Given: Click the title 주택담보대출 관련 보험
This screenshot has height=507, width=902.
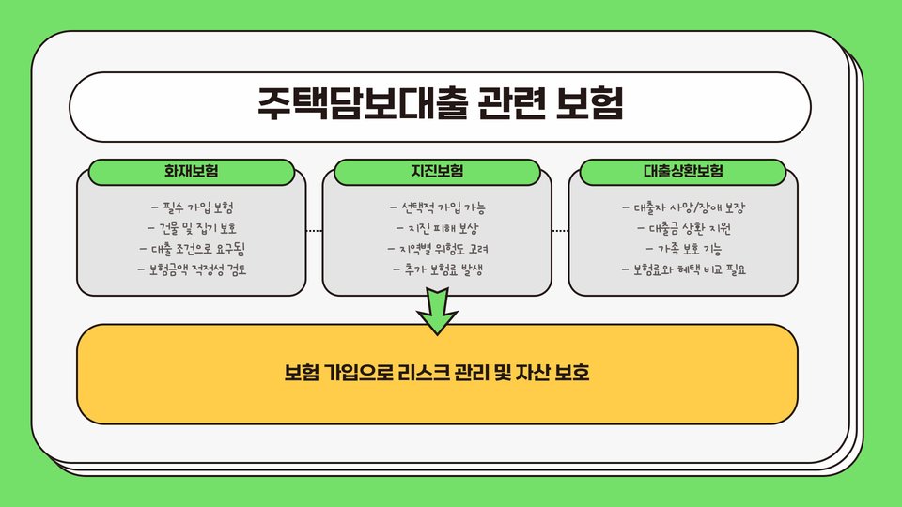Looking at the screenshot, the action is [x=440, y=104].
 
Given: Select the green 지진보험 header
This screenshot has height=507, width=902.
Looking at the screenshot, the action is [x=437, y=172].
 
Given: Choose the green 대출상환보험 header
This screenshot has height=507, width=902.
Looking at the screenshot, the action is [x=683, y=172].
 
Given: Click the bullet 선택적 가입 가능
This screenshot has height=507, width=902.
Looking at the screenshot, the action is [x=437, y=207].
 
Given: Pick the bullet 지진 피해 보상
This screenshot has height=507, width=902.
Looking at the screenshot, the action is [x=437, y=228].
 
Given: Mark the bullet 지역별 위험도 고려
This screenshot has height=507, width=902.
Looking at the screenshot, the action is [x=437, y=249].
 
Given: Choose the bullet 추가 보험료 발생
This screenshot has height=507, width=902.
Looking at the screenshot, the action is [x=437, y=270].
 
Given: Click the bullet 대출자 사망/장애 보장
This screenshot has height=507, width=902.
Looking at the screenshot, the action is [x=683, y=207].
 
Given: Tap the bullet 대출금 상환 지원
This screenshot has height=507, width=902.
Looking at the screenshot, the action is [x=683, y=228].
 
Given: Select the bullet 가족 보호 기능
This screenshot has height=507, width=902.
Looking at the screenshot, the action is [x=683, y=249].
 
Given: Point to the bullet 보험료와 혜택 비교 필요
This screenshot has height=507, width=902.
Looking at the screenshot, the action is [x=683, y=270].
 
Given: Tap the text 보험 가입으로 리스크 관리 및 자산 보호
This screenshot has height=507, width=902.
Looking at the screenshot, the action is [x=437, y=374].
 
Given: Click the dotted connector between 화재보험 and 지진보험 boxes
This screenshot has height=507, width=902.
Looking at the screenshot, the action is [x=314, y=230].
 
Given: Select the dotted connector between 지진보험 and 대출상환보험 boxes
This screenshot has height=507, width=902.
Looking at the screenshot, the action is [x=560, y=230].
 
